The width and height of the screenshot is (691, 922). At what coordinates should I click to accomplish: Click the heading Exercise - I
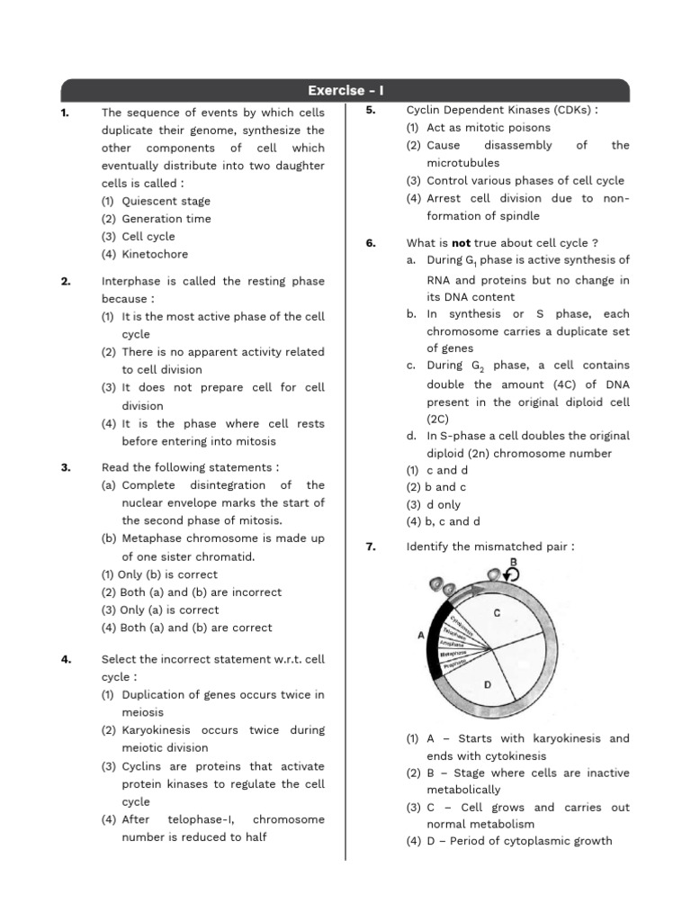(345, 90)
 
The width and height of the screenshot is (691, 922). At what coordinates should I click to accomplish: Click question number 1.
(65, 113)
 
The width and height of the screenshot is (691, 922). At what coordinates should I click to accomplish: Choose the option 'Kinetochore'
(155, 254)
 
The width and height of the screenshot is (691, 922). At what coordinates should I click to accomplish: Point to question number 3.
(66, 467)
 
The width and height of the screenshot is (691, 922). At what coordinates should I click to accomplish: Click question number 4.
(66, 659)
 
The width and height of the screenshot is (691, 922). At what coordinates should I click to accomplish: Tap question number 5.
(370, 111)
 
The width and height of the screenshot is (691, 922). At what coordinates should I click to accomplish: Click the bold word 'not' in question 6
(466, 243)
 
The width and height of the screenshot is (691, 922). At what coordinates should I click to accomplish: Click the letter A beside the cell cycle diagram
(421, 635)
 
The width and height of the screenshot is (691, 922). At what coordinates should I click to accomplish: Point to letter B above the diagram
(514, 562)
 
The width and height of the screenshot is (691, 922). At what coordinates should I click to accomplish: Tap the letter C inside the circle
(498, 612)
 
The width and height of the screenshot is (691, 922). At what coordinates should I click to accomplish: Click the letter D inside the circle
(488, 684)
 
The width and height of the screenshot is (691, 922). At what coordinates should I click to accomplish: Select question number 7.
(370, 547)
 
